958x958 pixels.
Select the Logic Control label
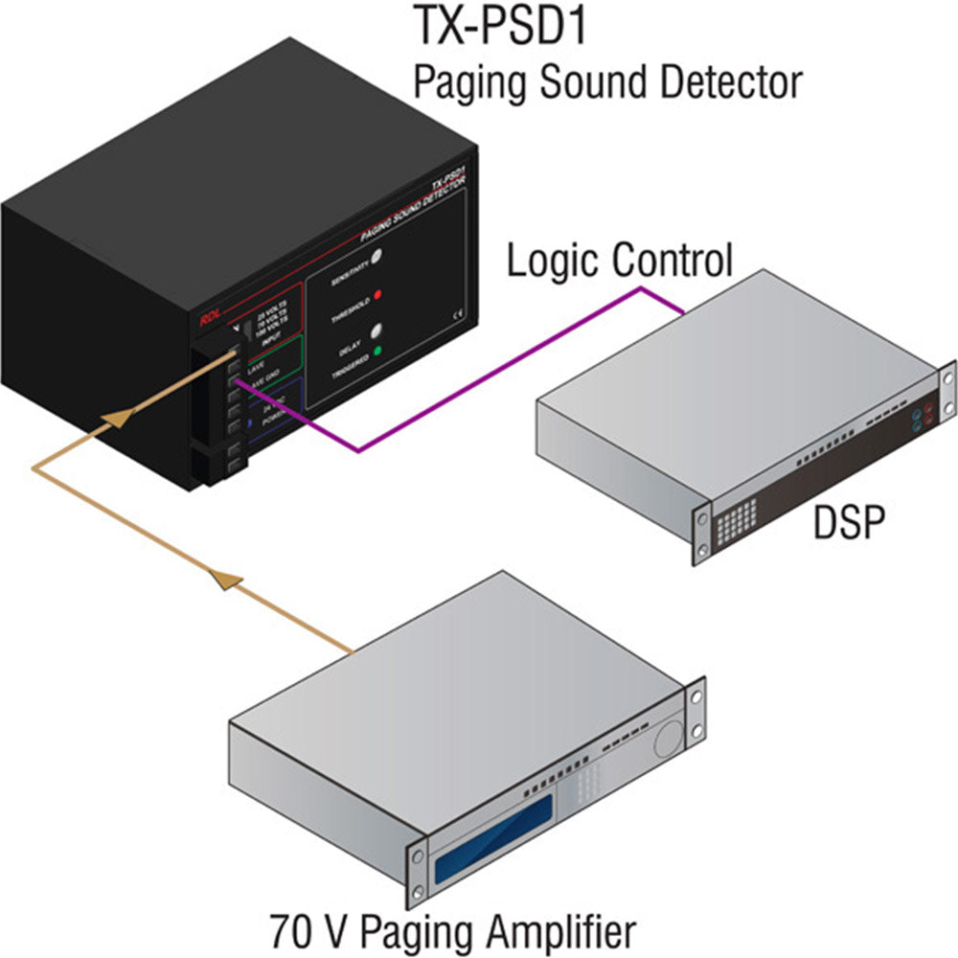click(x=620, y=261)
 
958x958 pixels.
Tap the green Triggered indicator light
click(x=377, y=351)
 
